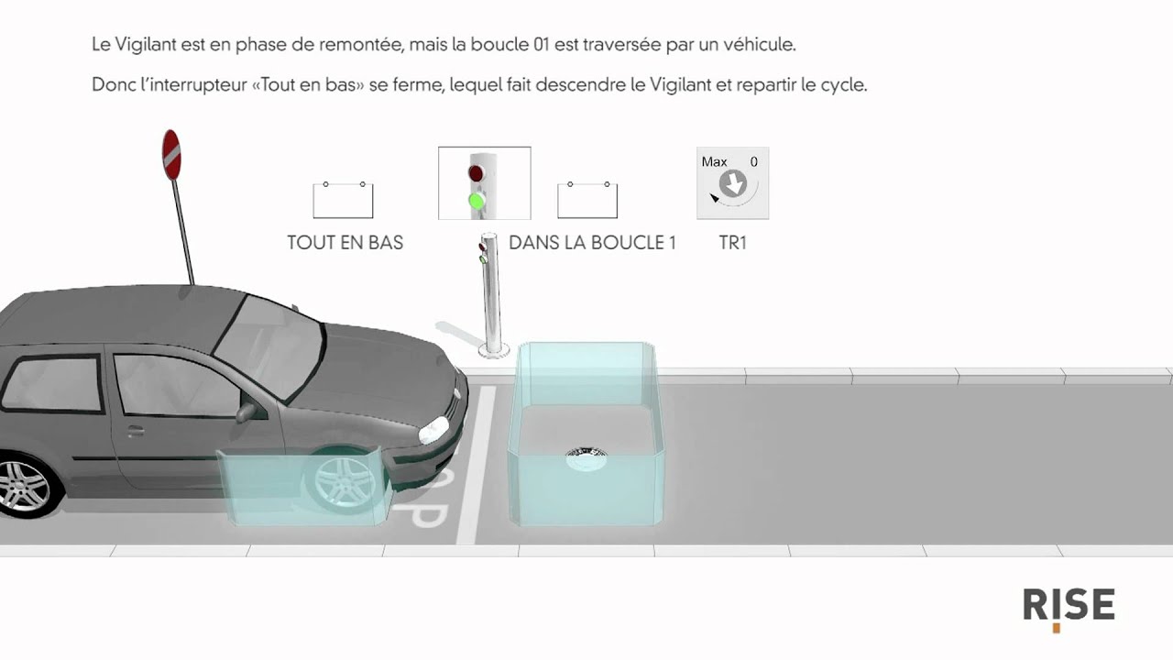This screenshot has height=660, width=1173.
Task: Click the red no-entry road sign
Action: point(171,155)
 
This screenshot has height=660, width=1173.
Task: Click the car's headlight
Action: point(433,430)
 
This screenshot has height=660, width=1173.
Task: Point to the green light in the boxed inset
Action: point(476,201)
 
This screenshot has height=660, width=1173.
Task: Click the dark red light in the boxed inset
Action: point(476,172)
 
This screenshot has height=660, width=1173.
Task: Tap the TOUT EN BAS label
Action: point(345,243)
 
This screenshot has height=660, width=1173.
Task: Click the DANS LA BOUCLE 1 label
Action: point(592,243)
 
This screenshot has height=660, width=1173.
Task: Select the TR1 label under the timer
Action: point(732,243)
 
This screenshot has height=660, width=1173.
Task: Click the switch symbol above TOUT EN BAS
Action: point(343,200)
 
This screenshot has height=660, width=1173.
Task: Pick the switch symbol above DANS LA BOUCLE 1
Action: point(587,200)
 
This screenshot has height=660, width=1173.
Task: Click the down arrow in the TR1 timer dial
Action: point(734,183)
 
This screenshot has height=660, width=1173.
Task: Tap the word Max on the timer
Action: point(714,162)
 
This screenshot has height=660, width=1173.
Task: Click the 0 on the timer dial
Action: point(753,162)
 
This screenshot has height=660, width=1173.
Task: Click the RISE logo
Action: point(1069,608)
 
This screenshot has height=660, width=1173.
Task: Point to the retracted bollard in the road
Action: point(586,459)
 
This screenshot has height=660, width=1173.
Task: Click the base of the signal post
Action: point(494,351)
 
